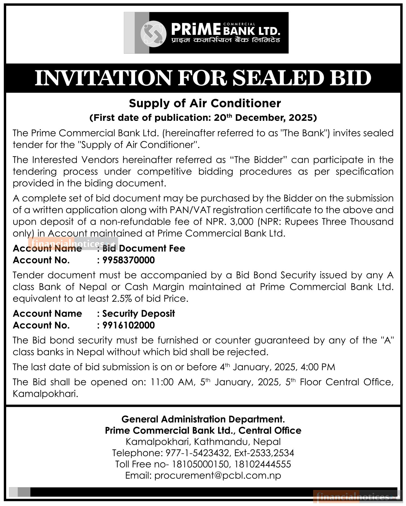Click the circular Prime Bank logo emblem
[x=153, y=33]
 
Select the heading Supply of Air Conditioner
[x=205, y=103]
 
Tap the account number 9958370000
[x=129, y=260]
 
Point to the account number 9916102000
[x=129, y=325]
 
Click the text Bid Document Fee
[x=143, y=248]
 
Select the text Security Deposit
[x=138, y=314]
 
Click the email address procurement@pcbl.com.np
[x=217, y=475]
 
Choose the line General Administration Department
[x=203, y=419]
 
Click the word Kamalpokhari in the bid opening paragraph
[x=45, y=394]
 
